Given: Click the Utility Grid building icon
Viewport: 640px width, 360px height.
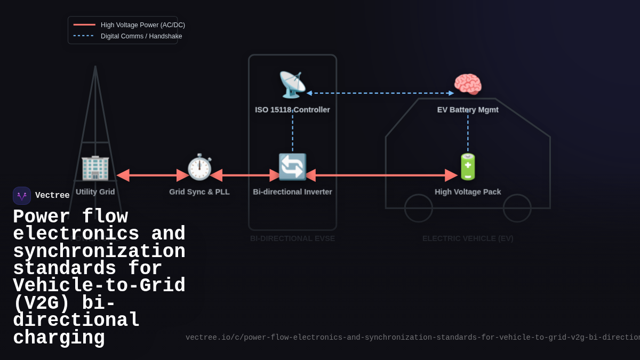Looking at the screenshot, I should coord(95,167).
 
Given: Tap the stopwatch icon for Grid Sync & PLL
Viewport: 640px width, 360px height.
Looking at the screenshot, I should coord(199,167).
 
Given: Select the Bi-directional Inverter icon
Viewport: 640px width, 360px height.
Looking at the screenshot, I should coord(292,167).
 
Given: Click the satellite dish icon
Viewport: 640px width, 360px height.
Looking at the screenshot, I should coord(292,84).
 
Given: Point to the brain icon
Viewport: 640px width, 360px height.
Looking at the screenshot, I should coord(468,84).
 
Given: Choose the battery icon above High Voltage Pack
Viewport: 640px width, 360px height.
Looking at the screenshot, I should coord(468,167).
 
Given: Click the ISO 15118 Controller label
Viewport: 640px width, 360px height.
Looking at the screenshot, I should coord(292,110).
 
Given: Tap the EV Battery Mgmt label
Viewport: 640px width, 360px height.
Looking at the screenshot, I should coord(468,110).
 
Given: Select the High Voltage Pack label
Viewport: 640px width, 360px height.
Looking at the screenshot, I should coord(468,192).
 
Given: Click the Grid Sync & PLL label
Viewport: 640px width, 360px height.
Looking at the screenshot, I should coord(199,192).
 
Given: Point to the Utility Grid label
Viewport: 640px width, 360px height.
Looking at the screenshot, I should coord(95,192).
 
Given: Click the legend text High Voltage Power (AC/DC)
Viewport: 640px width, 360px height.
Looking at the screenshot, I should coord(143,25).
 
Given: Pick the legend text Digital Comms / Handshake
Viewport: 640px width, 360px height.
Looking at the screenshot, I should coord(141,36).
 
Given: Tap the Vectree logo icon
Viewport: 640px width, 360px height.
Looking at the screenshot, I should coord(22,196).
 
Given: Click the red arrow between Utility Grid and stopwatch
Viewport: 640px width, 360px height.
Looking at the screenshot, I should coord(153,175).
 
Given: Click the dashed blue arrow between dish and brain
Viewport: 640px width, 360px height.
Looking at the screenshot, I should coord(380,93).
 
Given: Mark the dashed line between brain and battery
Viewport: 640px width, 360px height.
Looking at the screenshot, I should coord(468,133).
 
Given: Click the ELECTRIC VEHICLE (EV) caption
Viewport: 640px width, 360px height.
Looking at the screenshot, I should coord(468,238).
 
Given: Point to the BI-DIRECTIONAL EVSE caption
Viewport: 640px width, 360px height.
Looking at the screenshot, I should coord(292,238).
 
